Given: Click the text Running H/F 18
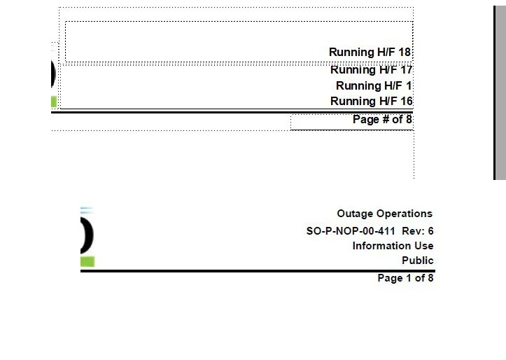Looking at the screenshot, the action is [x=370, y=52].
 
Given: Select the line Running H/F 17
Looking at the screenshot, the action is [x=371, y=70].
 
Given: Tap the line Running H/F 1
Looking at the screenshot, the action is [x=374, y=86].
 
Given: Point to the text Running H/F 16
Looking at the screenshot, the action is [x=371, y=101].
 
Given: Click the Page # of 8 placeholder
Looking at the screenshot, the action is [x=382, y=120].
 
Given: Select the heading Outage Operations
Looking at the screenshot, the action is [x=385, y=214].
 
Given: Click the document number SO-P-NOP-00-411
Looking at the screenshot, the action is [x=351, y=231].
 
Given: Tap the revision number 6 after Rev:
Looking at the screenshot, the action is [x=430, y=231].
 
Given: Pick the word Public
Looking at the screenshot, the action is [x=418, y=261].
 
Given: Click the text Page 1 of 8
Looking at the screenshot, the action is [x=405, y=278].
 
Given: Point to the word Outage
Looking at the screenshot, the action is [x=355, y=214].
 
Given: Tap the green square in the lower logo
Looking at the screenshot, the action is [x=87, y=261].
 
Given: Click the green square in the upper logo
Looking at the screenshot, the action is [x=54, y=102].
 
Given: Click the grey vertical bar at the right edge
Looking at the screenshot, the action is [x=500, y=92].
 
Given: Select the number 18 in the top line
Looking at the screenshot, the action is [x=405, y=52].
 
